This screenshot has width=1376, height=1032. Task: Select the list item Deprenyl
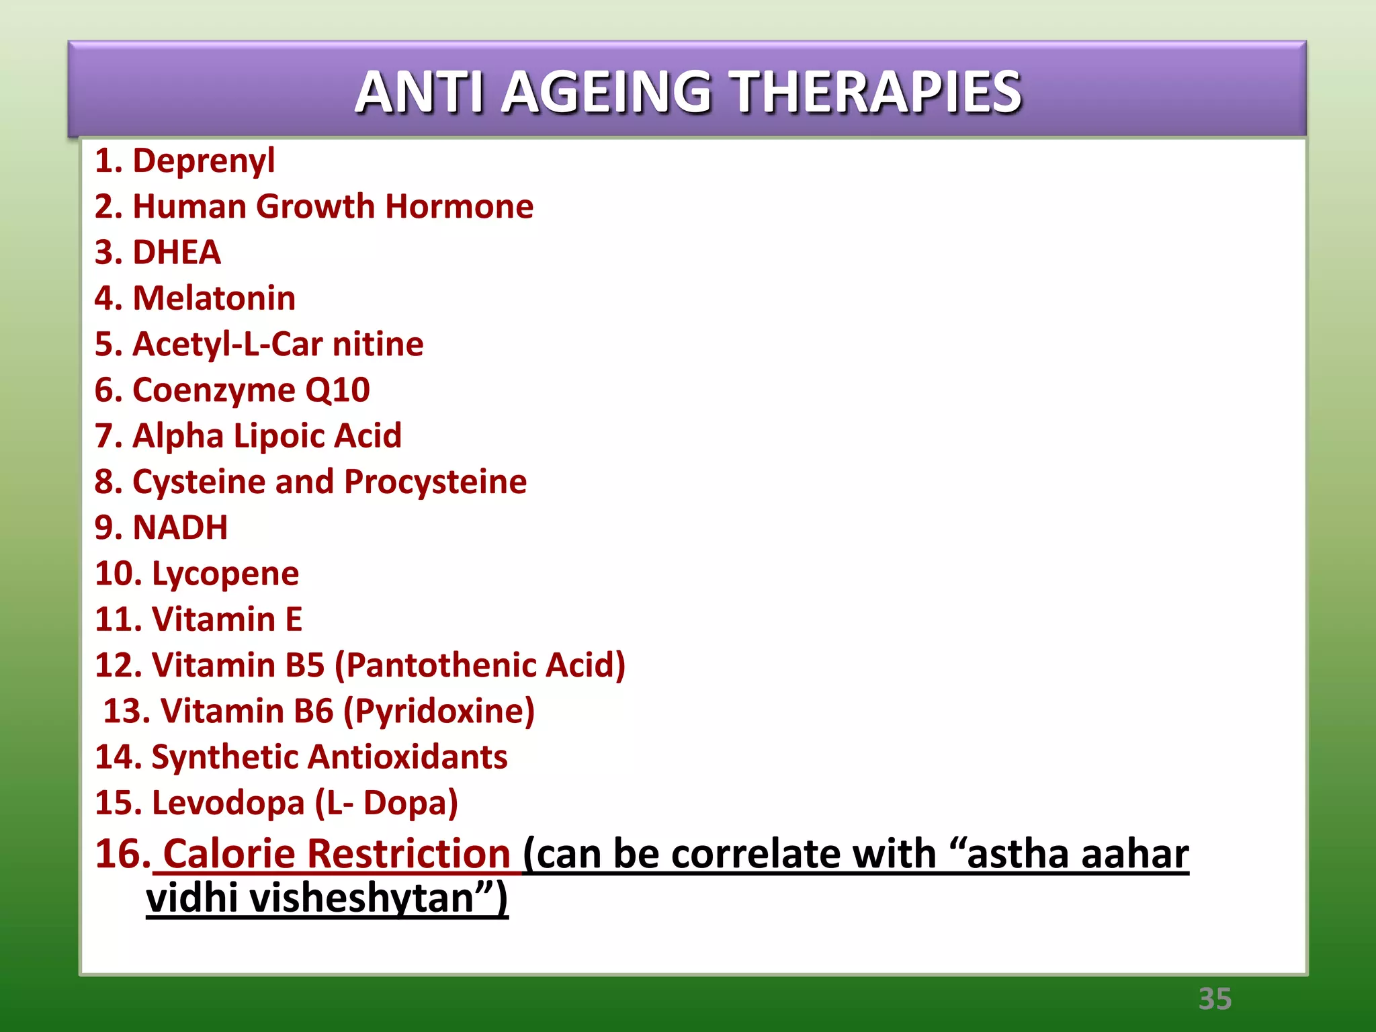204,161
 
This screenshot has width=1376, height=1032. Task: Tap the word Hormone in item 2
459,207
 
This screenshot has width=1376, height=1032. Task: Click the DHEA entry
177,253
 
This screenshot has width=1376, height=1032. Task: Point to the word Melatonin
214,298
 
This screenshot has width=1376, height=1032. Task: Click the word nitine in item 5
378,345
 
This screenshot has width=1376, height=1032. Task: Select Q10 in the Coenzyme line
337,390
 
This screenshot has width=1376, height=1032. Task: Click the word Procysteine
435,482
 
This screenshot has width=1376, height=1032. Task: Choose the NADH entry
180,528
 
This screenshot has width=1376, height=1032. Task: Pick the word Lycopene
225,574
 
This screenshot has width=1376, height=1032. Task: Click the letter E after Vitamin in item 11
294,619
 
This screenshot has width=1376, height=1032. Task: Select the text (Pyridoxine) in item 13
439,712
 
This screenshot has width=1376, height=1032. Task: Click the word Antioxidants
407,757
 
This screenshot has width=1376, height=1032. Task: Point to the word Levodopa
228,803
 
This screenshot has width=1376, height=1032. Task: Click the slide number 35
1215,999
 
